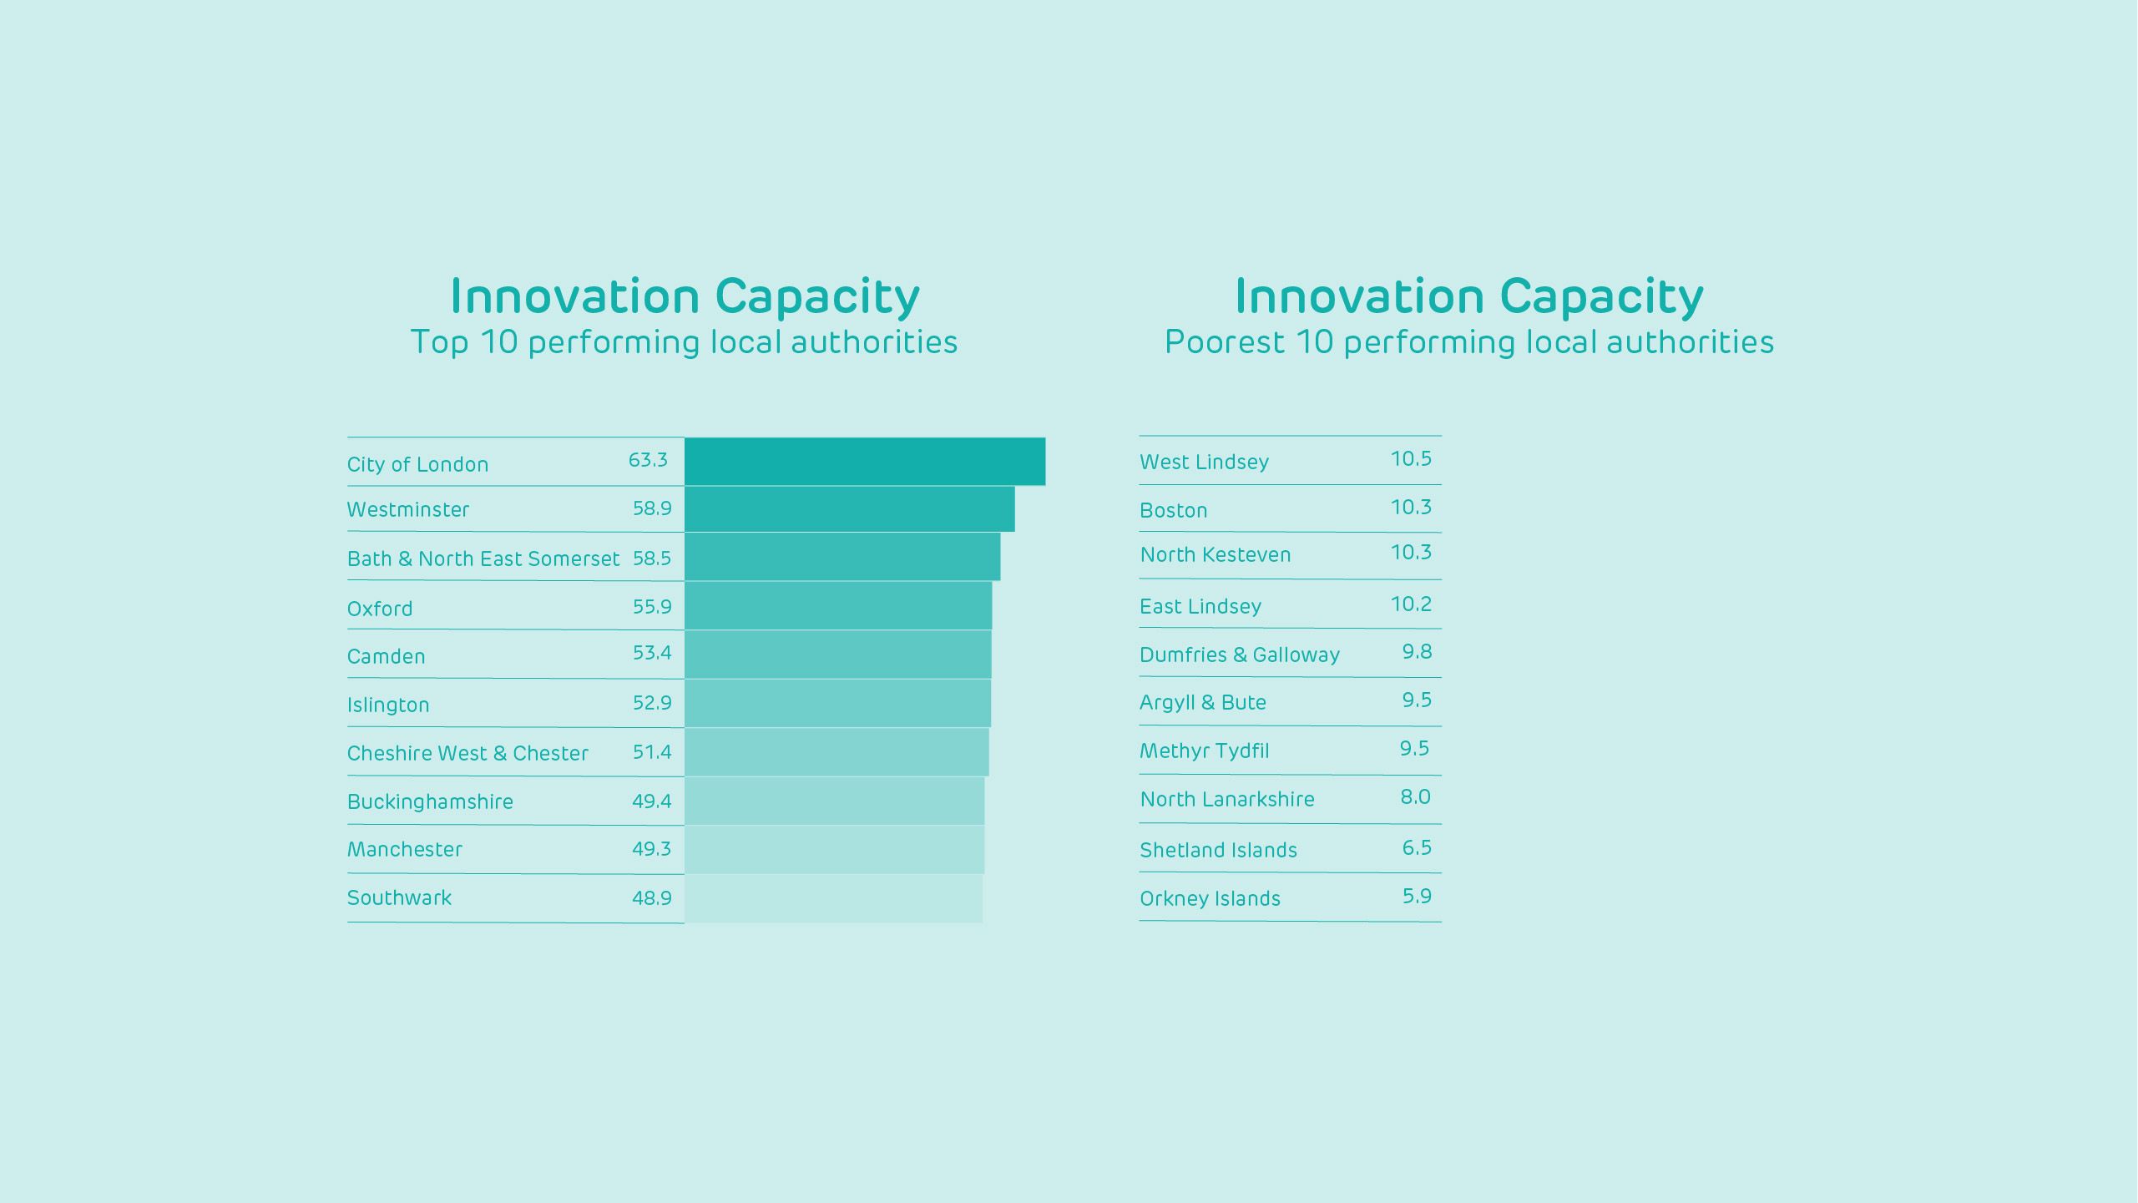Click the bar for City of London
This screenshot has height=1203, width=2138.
coord(864,461)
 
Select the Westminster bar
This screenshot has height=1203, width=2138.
coord(849,509)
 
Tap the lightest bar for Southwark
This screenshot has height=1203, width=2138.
coord(833,898)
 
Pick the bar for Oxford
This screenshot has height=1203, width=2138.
coord(838,606)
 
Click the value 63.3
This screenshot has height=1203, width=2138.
coord(648,460)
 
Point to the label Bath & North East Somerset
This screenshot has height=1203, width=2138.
coord(483,559)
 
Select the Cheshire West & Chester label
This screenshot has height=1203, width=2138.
coord(468,753)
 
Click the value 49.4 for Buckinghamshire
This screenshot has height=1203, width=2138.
coord(652,801)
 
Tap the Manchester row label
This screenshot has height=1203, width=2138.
coord(405,850)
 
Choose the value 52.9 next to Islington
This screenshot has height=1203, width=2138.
coord(652,703)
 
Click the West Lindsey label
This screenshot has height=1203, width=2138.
coord(1204,462)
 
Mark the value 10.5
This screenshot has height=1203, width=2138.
coord(1411,458)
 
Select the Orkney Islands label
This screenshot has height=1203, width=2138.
coord(1210,898)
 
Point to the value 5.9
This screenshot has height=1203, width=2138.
coord(1417,896)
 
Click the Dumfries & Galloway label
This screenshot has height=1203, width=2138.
coord(1240,655)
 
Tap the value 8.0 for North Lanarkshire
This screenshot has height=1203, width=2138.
coord(1415,797)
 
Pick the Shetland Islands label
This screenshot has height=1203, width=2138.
coord(1218,850)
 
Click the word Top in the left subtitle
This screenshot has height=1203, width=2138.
coord(439,342)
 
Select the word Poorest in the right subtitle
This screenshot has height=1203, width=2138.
coord(1225,342)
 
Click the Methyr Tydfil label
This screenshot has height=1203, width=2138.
coord(1204,751)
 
